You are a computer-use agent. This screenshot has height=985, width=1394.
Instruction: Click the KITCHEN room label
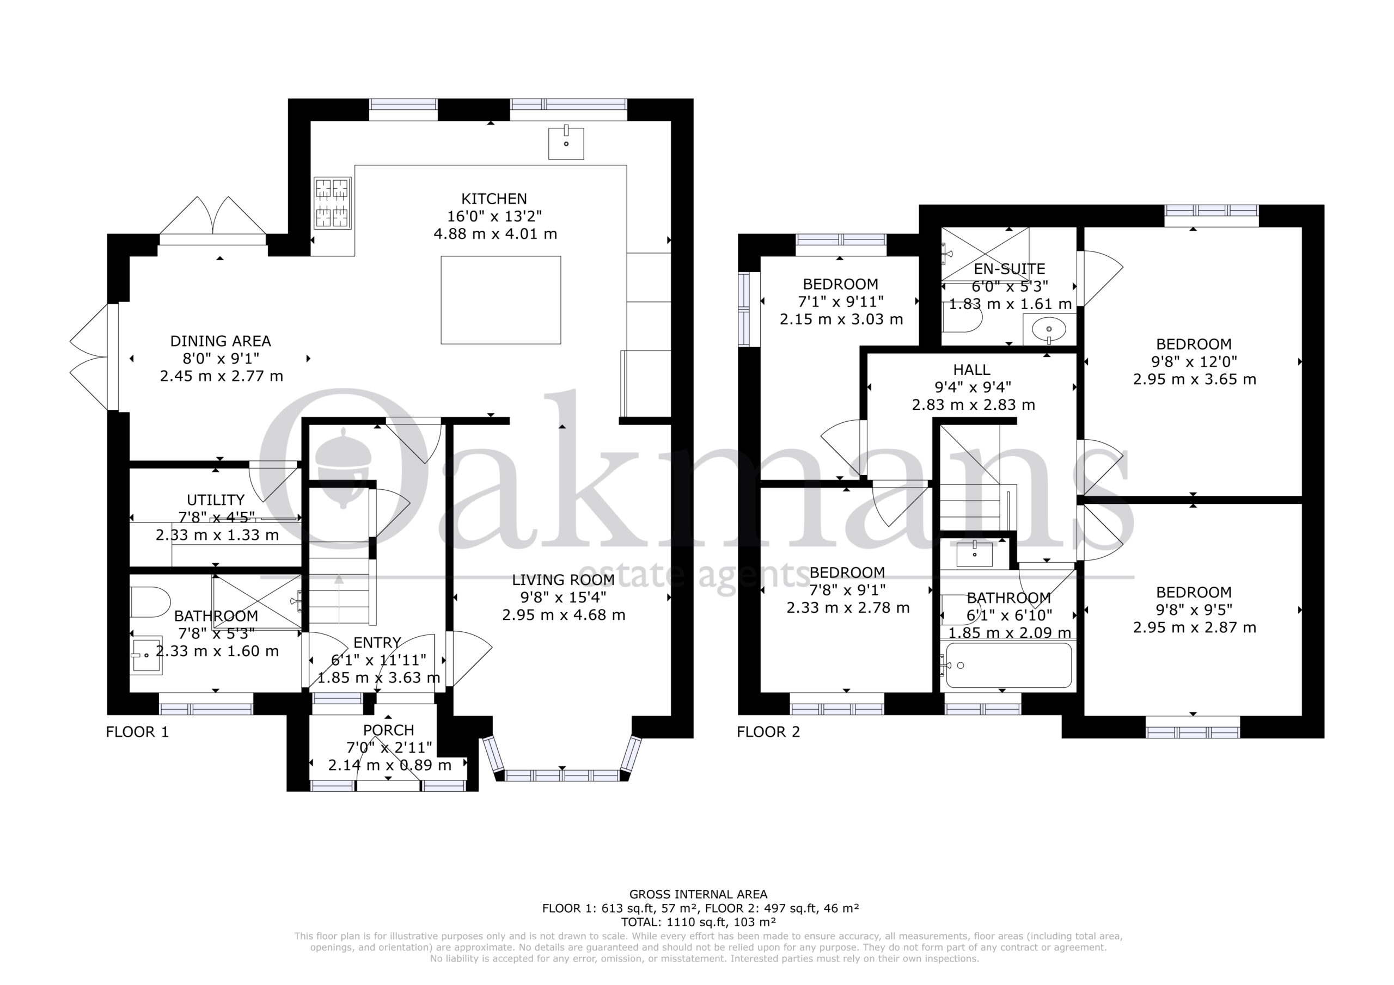[494, 199]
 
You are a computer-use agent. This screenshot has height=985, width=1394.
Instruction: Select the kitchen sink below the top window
[566, 143]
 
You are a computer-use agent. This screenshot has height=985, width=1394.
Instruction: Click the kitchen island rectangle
[501, 300]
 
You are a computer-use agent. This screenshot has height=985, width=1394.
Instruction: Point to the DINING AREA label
[221, 341]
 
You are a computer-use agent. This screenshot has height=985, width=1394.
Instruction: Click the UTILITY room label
[216, 500]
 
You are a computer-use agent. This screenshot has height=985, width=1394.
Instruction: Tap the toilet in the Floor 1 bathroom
[150, 602]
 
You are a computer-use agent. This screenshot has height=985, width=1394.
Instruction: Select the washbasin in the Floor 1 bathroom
[146, 655]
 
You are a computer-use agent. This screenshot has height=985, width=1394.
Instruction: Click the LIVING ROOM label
[563, 580]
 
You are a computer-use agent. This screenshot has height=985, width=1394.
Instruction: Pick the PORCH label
[389, 730]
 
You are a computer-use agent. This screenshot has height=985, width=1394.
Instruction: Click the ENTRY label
[377, 642]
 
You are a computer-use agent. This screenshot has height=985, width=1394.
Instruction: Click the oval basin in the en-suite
[1049, 329]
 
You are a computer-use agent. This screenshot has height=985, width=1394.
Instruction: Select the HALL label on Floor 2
[972, 370]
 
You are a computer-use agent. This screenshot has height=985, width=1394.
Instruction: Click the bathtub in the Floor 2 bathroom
[1008, 665]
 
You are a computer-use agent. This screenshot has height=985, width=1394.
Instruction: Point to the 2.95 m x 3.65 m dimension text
[1194, 379]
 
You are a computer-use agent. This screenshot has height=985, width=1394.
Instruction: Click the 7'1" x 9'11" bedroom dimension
[840, 301]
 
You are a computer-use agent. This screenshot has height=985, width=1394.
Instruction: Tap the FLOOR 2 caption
[769, 732]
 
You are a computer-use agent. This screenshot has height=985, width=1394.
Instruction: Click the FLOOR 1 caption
[137, 732]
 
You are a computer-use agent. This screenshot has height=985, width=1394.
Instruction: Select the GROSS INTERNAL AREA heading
[698, 894]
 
